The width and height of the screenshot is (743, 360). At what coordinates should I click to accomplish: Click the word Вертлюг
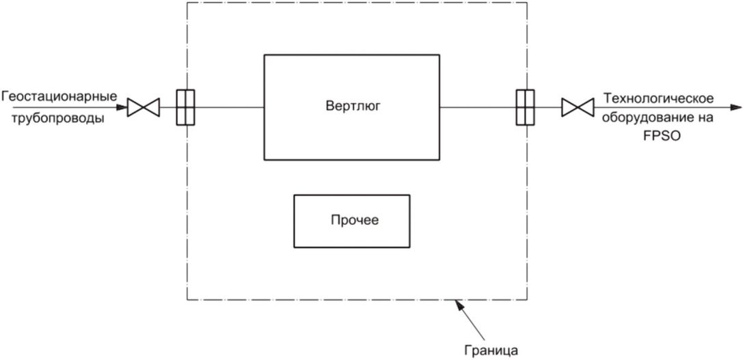click(x=353, y=106)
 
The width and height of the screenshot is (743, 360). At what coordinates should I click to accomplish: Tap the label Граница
click(x=496, y=351)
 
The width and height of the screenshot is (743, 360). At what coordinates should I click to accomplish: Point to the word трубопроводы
click(x=53, y=118)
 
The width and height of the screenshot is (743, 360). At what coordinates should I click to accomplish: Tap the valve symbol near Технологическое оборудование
click(x=576, y=107)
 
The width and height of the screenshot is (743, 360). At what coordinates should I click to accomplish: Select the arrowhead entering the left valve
click(x=122, y=107)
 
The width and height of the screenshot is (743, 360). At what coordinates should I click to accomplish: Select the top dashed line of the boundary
click(x=355, y=2)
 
